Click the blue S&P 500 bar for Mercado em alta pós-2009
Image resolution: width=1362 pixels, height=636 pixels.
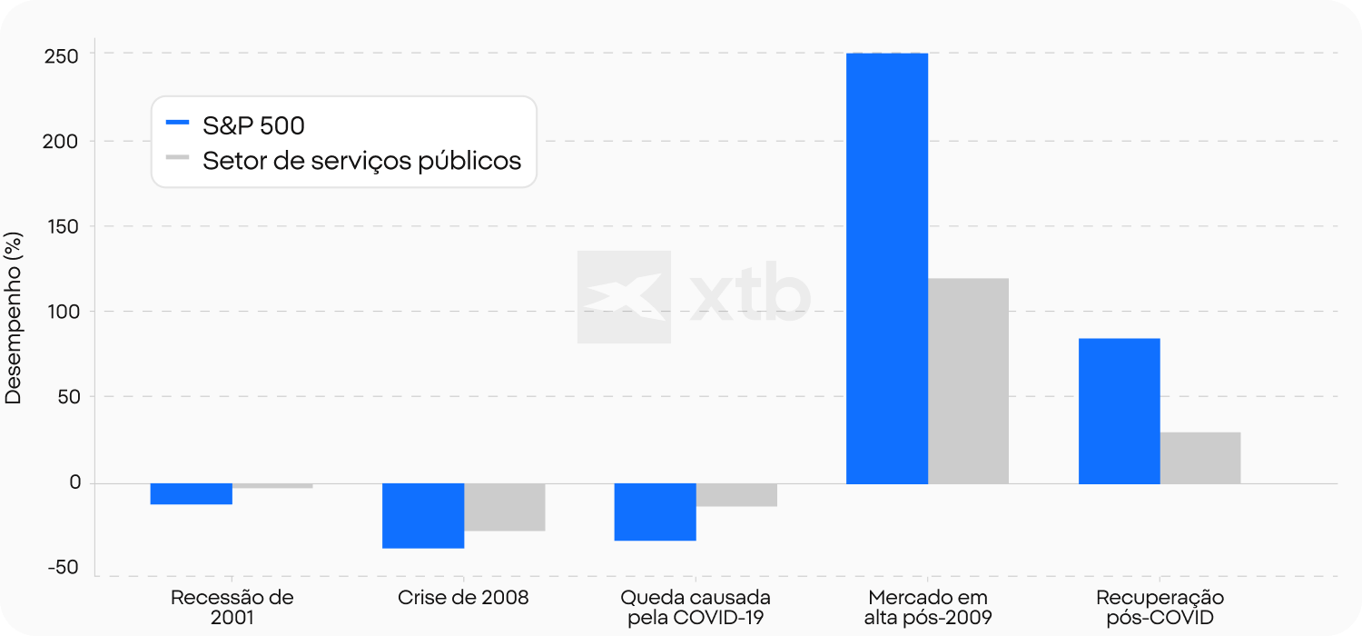click(886, 268)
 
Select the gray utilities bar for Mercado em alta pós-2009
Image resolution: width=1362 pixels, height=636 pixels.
click(968, 381)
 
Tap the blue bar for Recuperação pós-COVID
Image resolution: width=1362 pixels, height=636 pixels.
click(1119, 411)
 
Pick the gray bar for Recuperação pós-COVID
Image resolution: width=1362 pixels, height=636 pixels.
click(1200, 458)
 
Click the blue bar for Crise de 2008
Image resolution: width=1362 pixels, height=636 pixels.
click(423, 515)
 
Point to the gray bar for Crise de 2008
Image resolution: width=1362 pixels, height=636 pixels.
click(505, 507)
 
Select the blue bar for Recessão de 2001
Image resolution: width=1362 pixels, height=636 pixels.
click(191, 493)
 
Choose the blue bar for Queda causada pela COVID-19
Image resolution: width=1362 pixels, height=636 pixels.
click(655, 512)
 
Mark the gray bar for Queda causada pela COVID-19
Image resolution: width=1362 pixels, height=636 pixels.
click(736, 494)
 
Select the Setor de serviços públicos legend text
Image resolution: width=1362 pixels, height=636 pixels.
click(361, 161)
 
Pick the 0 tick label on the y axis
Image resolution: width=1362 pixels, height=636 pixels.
click(74, 482)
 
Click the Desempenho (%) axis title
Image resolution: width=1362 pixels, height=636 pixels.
click(15, 318)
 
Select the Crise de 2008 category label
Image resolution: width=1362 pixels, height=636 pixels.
click(463, 598)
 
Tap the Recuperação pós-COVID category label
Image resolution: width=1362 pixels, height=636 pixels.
click(1160, 608)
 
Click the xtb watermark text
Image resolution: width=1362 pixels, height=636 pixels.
click(749, 296)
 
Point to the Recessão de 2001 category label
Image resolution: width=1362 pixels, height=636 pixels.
click(232, 608)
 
